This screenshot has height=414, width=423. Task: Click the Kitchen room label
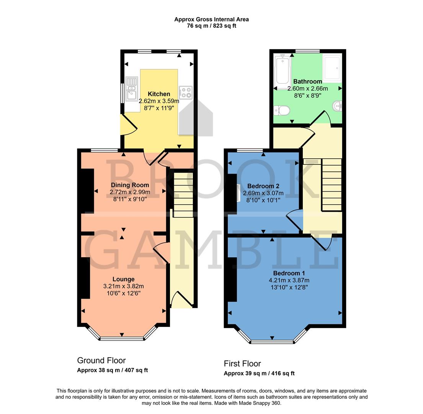tap(159, 94)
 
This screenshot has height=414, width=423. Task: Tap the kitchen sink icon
tap(132, 88)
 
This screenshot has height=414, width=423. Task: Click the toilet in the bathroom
tap(282, 111)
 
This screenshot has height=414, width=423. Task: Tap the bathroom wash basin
tap(338, 105)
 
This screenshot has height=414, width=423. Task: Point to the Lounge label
tap(123, 279)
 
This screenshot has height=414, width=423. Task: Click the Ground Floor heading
tap(101, 360)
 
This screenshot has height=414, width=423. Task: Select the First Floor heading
tap(242, 363)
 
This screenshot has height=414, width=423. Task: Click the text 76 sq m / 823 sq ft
tap(212, 26)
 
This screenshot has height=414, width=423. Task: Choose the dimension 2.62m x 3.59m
tap(159, 101)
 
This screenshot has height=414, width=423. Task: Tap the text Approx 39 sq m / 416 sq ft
tap(259, 373)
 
